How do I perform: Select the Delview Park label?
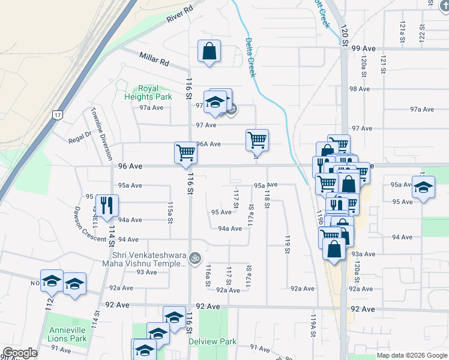[221, 341]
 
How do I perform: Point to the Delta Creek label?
[250, 58]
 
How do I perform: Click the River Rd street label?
[181, 14]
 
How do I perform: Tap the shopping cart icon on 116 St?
[186, 152]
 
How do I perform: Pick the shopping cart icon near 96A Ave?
[257, 140]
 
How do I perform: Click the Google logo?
[20, 353]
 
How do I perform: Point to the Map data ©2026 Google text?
[411, 355]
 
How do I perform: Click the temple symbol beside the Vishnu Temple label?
[194, 259]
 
